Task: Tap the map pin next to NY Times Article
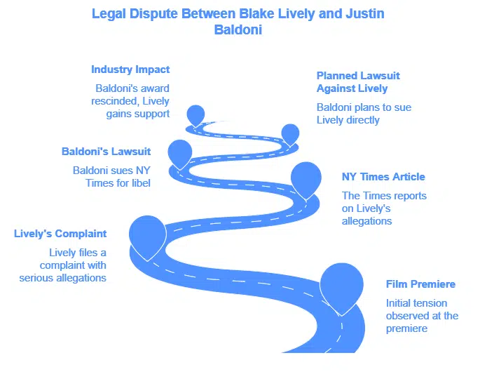(x=306, y=178)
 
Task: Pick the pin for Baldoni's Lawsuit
(x=180, y=152)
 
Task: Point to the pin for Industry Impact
(x=196, y=114)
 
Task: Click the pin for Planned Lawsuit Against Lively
(x=290, y=133)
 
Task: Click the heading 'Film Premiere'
(x=420, y=284)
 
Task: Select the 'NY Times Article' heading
(x=383, y=177)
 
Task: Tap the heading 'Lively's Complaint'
(x=60, y=234)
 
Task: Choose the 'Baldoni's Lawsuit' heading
(x=107, y=152)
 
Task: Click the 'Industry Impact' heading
(x=130, y=69)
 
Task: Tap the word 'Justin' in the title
(x=364, y=13)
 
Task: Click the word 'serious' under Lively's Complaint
(x=60, y=278)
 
